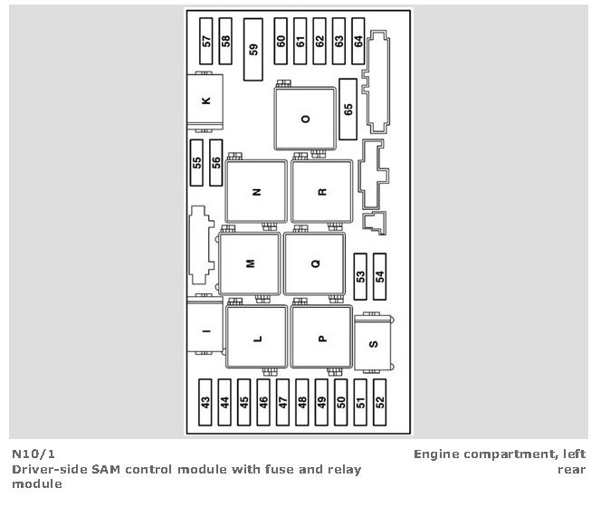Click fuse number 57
(x=205, y=41)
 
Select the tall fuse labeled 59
(x=253, y=50)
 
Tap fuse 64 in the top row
(x=358, y=41)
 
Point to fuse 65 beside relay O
(x=348, y=110)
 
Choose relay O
(x=305, y=119)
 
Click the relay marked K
(x=205, y=101)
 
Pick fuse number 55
(x=196, y=163)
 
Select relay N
(x=256, y=192)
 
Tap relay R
(x=322, y=192)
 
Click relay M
(x=250, y=263)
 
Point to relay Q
(x=315, y=263)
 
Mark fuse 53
(x=360, y=277)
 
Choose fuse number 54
(x=379, y=277)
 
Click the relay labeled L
(x=257, y=337)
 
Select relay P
(x=322, y=337)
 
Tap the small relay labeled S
(x=373, y=343)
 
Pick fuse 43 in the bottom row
(x=205, y=402)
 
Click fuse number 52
(x=379, y=402)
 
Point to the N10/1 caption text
(x=33, y=454)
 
